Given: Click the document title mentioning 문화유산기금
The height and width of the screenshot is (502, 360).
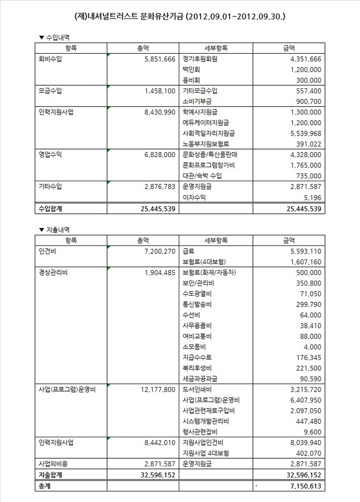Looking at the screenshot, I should [180, 17].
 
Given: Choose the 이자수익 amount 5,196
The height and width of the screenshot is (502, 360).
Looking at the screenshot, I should [312, 198].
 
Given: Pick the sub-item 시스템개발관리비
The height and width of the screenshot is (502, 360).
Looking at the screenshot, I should [206, 421].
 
